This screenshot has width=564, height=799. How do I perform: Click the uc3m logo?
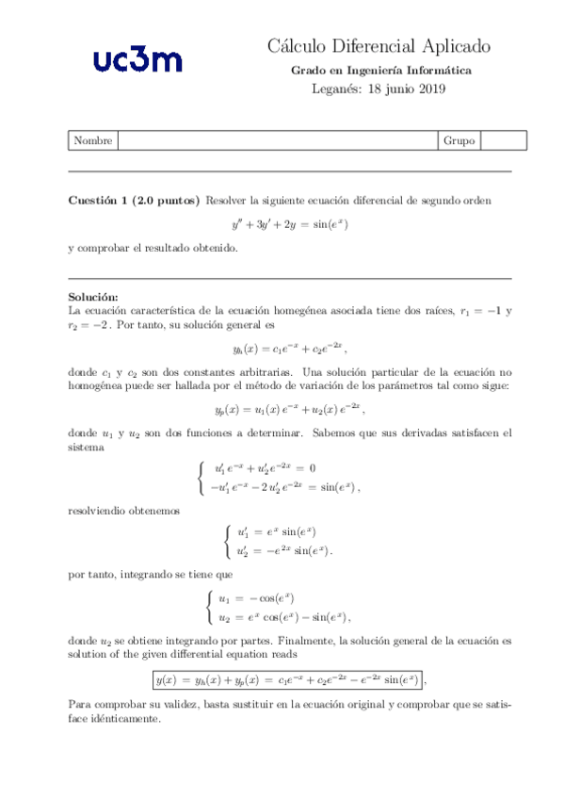[x=137, y=61]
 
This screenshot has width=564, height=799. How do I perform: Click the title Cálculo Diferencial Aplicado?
[x=379, y=46]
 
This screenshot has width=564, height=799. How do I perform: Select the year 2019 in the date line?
[x=429, y=90]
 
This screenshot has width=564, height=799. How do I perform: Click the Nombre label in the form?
[x=92, y=140]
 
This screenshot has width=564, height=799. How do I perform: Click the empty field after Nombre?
[x=276, y=140]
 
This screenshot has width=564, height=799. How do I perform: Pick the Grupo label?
[x=459, y=140]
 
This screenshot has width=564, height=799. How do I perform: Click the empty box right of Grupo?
[x=503, y=140]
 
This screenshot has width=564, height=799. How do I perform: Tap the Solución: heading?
[x=94, y=297]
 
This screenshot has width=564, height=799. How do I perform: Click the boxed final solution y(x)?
[x=289, y=678]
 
